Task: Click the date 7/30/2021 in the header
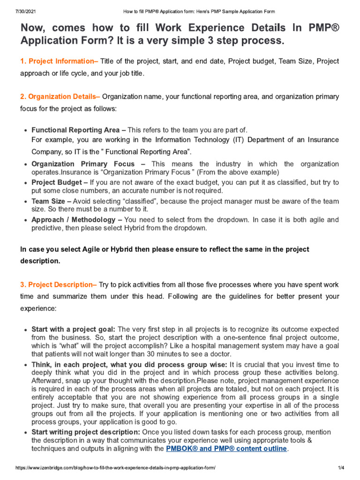(13, 11)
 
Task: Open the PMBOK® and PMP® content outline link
(226, 449)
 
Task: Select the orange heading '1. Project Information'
(59, 61)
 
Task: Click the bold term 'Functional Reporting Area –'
(78, 130)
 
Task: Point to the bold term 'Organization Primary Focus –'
(88, 164)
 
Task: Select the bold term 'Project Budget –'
(60, 182)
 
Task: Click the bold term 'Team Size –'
(51, 201)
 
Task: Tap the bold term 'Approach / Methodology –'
(77, 219)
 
